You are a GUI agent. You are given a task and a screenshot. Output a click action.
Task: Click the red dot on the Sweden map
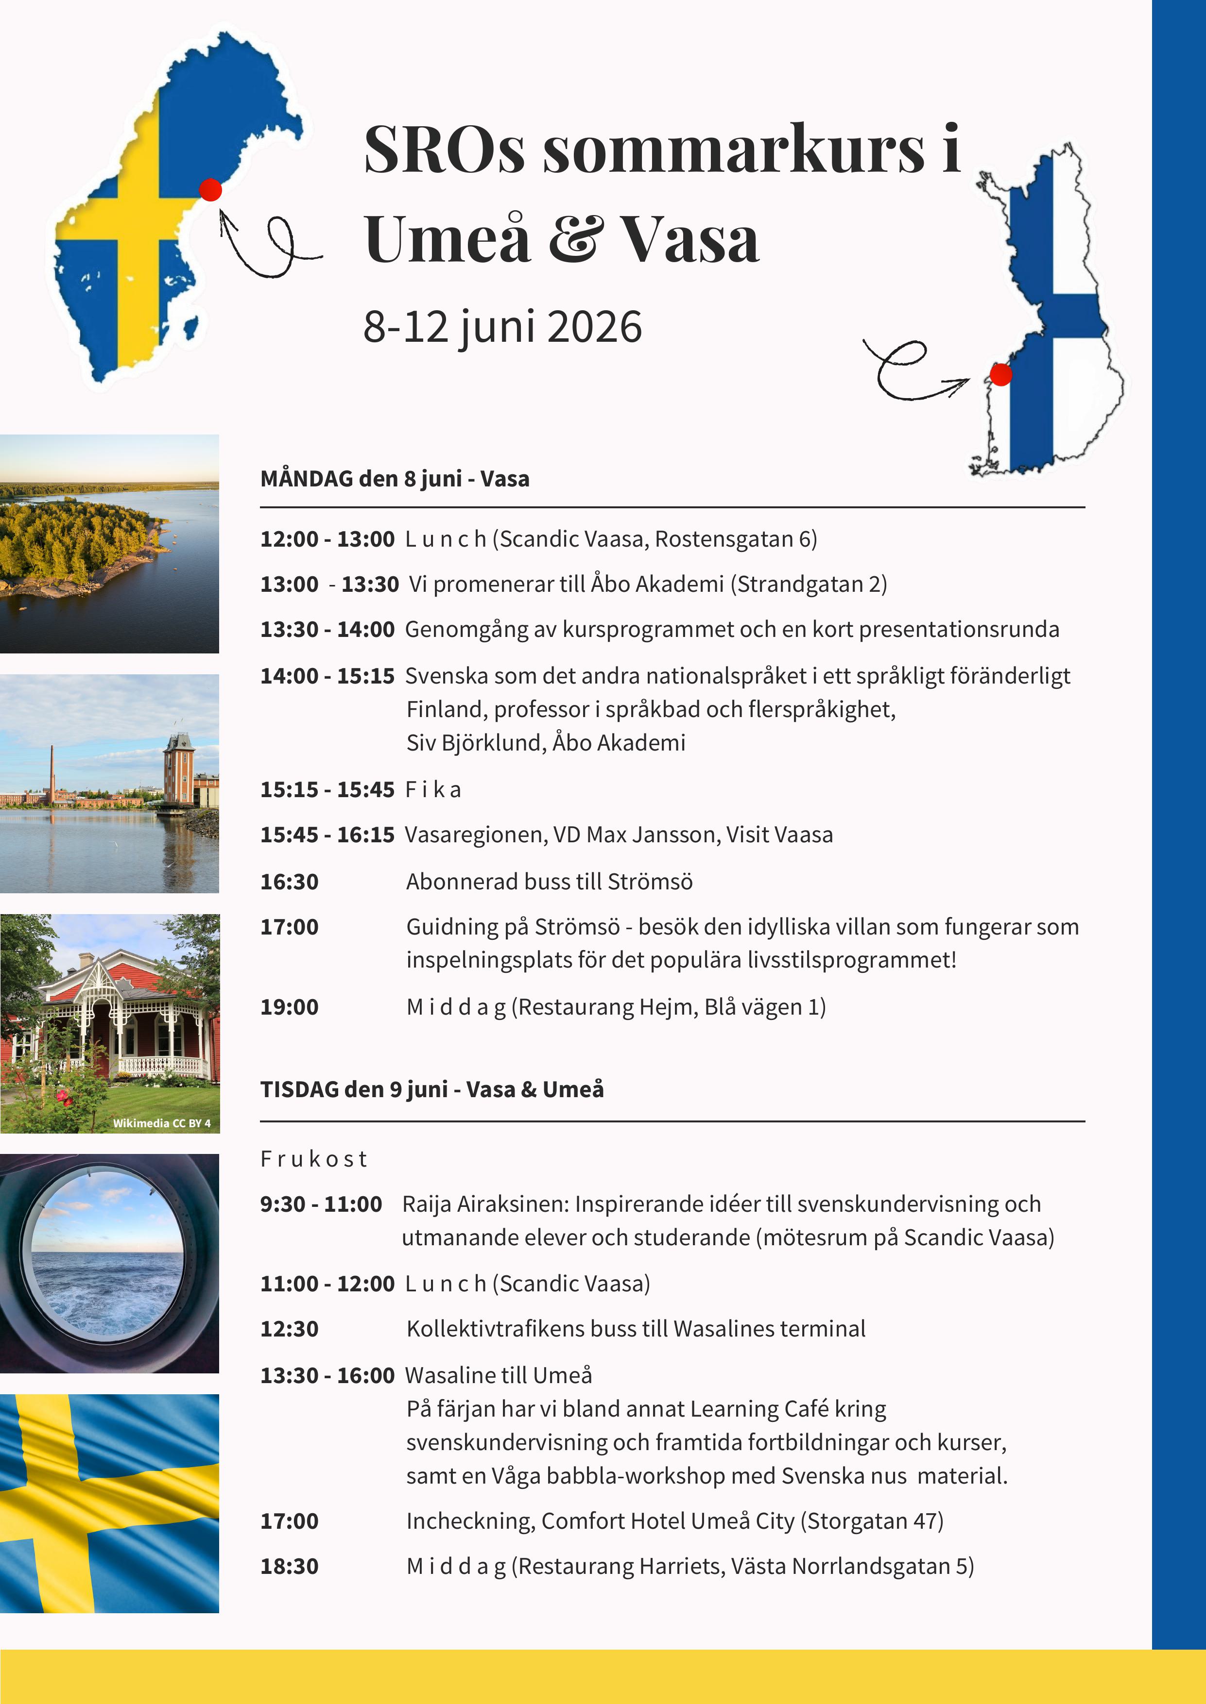pos(211,190)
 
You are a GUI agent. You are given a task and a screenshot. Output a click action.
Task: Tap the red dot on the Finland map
pos(1001,375)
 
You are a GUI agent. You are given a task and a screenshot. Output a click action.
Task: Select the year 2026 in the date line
pos(594,327)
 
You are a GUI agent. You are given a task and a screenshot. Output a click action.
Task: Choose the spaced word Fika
pos(433,790)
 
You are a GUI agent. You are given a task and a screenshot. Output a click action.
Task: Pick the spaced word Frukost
pos(313,1159)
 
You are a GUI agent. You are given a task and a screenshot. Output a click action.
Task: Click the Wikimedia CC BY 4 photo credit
pos(161,1123)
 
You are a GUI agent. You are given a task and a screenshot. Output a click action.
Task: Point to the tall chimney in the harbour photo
pos(52,772)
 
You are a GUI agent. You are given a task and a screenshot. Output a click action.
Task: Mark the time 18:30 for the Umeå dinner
pos(289,1566)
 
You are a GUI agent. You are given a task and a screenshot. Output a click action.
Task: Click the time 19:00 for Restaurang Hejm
pos(289,1007)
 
